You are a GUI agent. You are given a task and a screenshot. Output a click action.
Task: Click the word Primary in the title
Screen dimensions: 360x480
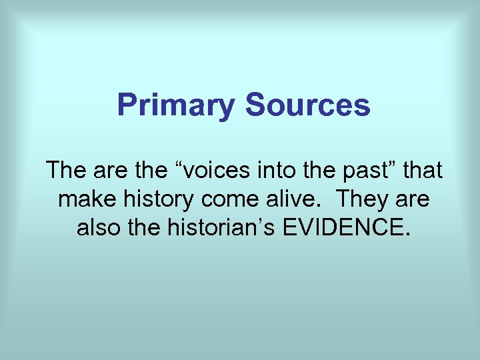(x=175, y=106)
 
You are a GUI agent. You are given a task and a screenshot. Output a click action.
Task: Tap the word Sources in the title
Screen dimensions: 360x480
(x=307, y=105)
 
